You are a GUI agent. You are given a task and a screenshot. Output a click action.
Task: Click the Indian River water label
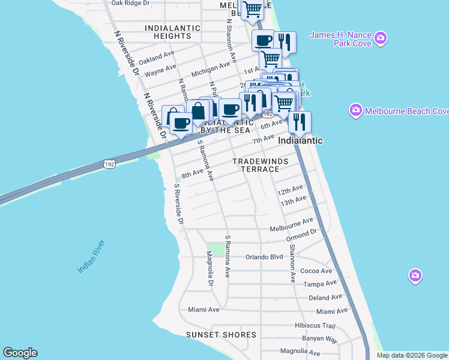pos(91,256)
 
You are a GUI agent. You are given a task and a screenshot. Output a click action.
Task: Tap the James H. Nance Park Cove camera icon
pos(380,39)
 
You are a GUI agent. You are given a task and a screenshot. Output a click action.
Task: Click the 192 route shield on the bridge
pos(109,164)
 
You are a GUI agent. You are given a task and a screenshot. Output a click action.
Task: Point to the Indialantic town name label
pos(300,140)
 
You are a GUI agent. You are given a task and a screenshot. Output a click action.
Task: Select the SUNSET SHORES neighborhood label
pos(221,335)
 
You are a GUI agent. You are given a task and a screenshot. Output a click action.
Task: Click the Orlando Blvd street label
pos(264,257)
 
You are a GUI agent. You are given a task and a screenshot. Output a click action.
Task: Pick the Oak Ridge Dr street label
pos(130,3)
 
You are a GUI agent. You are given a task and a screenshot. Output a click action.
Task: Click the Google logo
pos(20,353)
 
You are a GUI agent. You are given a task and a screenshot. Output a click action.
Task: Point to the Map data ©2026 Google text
pos(411,355)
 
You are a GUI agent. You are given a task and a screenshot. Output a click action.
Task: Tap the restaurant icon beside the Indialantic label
pos(299,122)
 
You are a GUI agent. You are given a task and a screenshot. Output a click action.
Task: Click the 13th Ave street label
pos(292,202)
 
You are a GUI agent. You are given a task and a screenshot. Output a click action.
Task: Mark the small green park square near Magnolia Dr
pos(215,249)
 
